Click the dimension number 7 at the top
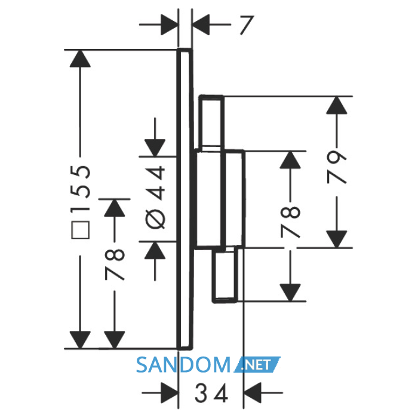pyautogui.click(x=247, y=25)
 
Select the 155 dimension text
pyautogui.click(x=80, y=189)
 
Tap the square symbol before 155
pyautogui.click(x=80, y=230)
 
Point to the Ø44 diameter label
pyautogui.click(x=155, y=197)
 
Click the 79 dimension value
pyautogui.click(x=337, y=167)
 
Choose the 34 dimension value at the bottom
pyautogui.click(x=211, y=393)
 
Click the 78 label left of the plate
pyautogui.click(x=115, y=264)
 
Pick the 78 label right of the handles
pyautogui.click(x=290, y=222)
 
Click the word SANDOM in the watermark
pyautogui.click(x=183, y=365)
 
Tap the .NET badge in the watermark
pyautogui.click(x=257, y=364)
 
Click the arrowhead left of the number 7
pyautogui.click(x=170, y=25)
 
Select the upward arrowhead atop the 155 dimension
pyautogui.click(x=80, y=59)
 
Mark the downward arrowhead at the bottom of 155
pyautogui.click(x=80, y=340)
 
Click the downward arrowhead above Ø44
pyautogui.click(x=155, y=148)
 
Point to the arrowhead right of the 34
pyautogui.click(x=253, y=393)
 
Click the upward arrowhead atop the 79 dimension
pyautogui.click(x=337, y=105)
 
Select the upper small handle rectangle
pyautogui.click(x=211, y=122)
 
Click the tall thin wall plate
pyautogui.click(x=185, y=199)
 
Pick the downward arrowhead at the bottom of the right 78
pyautogui.click(x=290, y=293)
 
